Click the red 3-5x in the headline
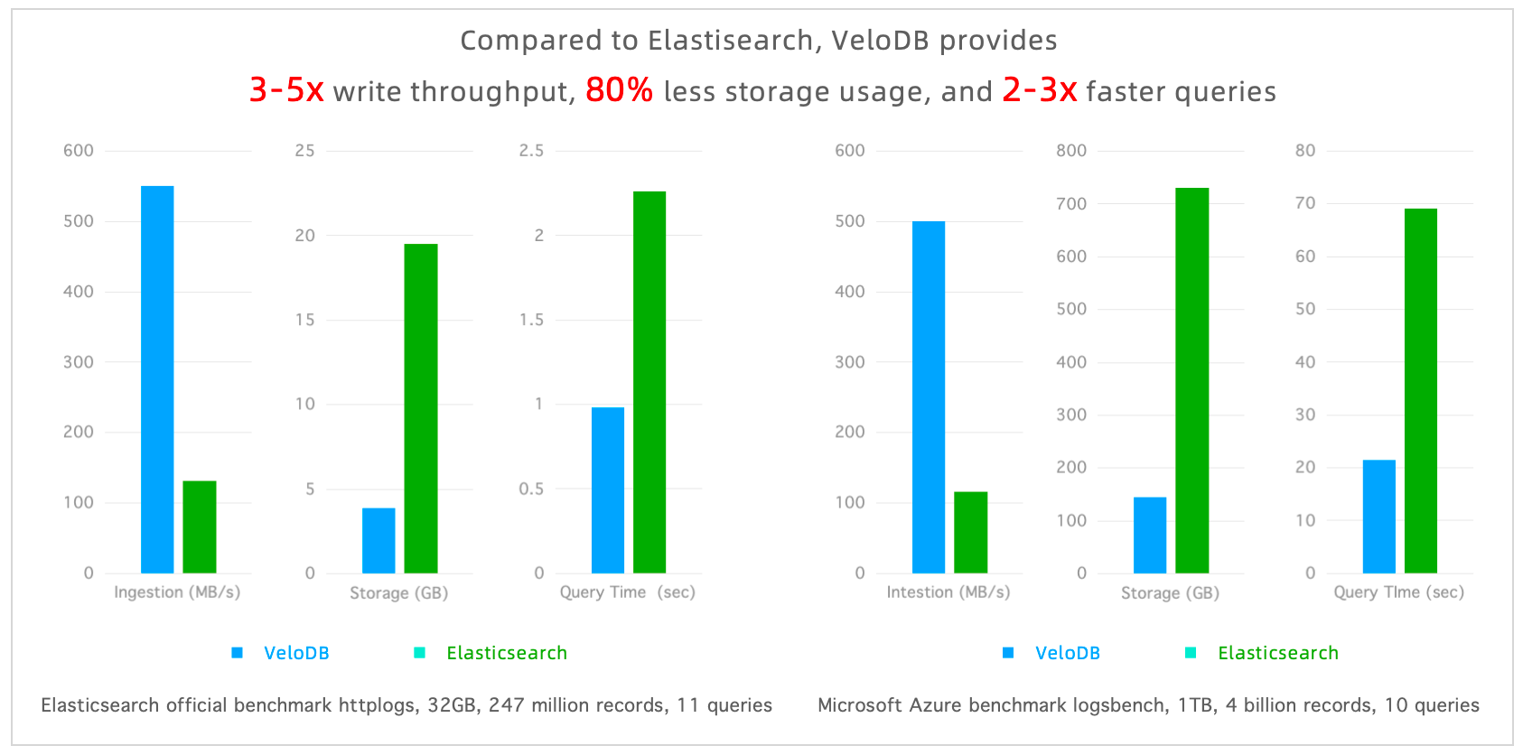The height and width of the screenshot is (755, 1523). point(285,90)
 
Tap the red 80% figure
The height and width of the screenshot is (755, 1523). point(619,90)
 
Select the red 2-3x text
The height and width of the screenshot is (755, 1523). point(1039,90)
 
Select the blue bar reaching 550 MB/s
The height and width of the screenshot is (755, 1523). point(157,379)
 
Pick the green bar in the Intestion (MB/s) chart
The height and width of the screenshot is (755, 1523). point(970,532)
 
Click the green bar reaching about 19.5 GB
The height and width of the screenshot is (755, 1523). point(421,408)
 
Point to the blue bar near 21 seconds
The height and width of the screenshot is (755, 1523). point(1378,517)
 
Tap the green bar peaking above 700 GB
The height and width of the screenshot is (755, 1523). point(1191,380)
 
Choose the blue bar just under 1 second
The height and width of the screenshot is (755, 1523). point(608,489)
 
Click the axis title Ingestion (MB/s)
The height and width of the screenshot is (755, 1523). point(177,592)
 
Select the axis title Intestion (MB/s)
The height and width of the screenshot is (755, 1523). point(948,592)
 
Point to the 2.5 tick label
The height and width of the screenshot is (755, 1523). point(531,151)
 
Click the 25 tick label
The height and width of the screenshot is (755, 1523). point(304,151)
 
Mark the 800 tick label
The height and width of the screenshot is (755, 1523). point(1071,151)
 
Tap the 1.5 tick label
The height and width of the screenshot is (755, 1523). point(531,320)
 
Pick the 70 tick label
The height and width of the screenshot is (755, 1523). point(1304,203)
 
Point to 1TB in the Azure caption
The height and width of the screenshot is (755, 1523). point(1195,705)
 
